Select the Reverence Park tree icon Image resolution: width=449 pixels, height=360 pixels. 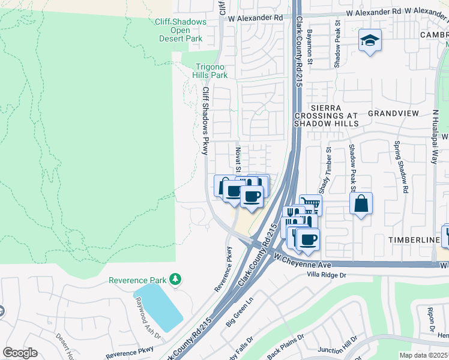click(175, 279)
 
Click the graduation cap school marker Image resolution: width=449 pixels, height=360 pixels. click(370, 41)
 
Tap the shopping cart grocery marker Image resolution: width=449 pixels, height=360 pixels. click(310, 205)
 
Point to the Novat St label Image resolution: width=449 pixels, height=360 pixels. click(238, 159)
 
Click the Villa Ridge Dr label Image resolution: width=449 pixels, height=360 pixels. click(327, 275)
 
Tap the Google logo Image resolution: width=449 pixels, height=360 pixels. click(20, 353)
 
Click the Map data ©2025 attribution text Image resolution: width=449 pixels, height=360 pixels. click(423, 355)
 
